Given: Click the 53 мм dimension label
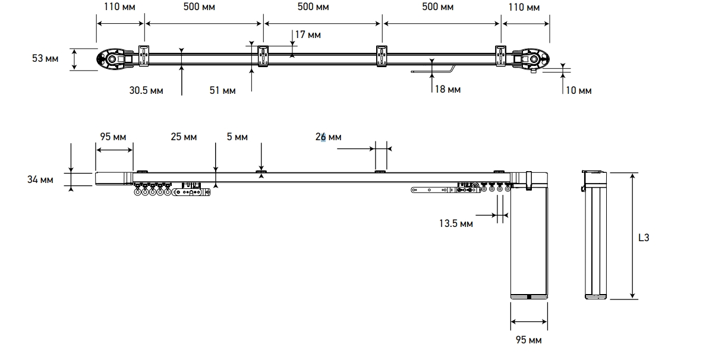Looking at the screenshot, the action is coord(45,58).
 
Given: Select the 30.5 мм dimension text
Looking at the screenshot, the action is coord(146,90).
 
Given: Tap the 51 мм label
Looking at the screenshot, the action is coord(222,90).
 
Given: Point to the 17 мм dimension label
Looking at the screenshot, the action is coord(308,34).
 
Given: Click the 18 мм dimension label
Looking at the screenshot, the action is coord(448,90).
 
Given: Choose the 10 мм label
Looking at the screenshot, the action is coord(579,90).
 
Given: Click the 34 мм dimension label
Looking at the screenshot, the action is coord(40,179).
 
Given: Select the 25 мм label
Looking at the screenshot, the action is coord(184,137).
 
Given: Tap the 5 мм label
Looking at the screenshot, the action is coord(237,137).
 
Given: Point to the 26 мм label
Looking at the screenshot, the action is coord(328,137).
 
